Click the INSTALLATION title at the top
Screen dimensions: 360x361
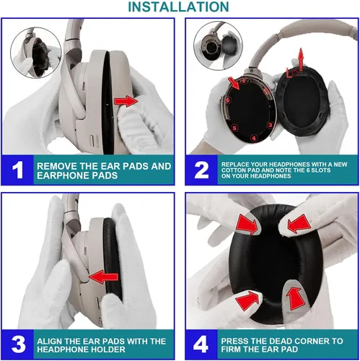click(178, 6)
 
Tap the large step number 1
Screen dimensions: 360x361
click(18, 170)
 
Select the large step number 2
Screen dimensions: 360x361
click(201, 170)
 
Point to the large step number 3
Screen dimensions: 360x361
click(18, 344)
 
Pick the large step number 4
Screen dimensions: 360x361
click(201, 344)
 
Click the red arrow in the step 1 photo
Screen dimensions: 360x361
click(126, 101)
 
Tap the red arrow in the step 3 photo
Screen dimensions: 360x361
click(104, 277)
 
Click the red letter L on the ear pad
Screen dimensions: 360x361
click(289, 73)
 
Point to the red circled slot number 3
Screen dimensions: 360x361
click(270, 125)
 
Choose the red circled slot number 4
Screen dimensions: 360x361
click(254, 138)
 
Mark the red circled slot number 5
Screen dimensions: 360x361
click(234, 128)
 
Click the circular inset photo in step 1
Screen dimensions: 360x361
click(36, 53)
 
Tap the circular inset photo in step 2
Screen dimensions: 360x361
click(218, 46)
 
